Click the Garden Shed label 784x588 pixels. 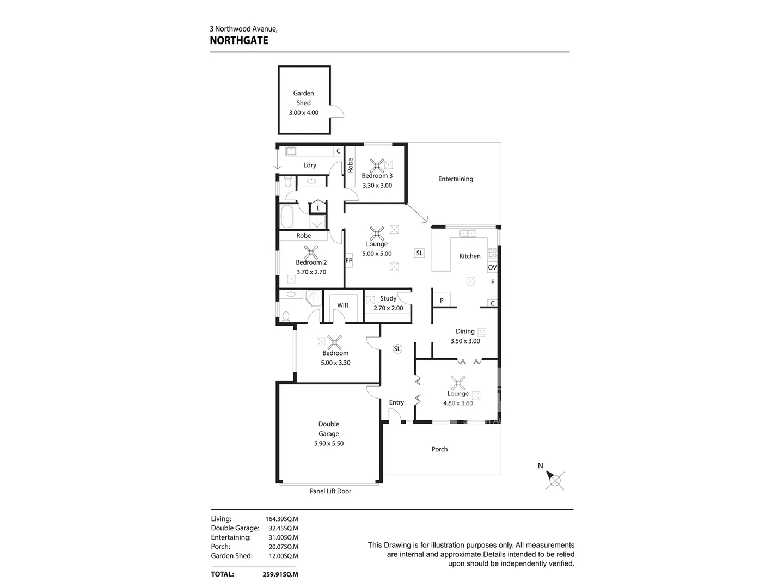(x=303, y=98)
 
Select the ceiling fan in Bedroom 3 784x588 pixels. (x=377, y=166)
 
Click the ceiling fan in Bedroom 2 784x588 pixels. (x=311, y=252)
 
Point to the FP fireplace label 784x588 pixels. (x=349, y=261)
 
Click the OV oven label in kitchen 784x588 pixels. (x=492, y=267)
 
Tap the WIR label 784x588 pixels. (x=342, y=305)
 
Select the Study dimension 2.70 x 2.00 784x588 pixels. (x=388, y=308)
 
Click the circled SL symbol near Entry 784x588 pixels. (x=397, y=349)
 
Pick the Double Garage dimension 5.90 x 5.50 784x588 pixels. (x=328, y=444)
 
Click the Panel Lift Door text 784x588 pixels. (x=330, y=491)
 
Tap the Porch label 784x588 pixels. (x=439, y=449)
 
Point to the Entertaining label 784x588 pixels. (x=456, y=179)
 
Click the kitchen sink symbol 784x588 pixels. (x=467, y=234)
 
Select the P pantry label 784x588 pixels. (x=442, y=301)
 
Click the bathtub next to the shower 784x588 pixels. (x=286, y=217)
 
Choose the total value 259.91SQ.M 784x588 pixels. (x=280, y=574)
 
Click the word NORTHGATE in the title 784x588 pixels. (x=239, y=40)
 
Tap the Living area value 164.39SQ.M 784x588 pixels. (x=281, y=519)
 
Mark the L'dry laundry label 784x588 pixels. (x=310, y=166)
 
